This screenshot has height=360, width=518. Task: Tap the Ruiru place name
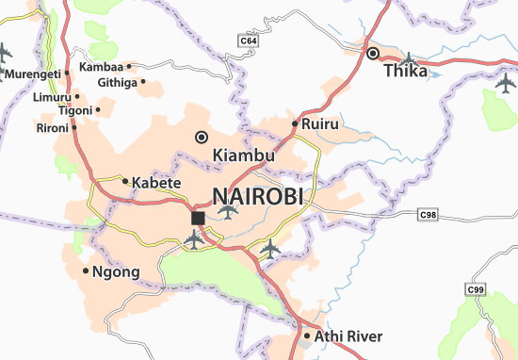tap(320, 123)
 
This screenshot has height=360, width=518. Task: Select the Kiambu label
tap(244, 155)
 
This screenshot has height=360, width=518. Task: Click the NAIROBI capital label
tap(259, 197)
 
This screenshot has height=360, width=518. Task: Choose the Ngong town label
tap(117, 272)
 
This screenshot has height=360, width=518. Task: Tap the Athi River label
tap(348, 336)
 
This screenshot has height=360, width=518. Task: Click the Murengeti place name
tap(31, 74)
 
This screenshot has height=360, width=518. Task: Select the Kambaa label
tap(101, 67)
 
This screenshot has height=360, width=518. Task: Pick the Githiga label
tap(117, 82)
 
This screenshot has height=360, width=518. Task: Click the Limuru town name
tap(51, 97)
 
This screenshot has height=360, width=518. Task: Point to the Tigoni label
tap(74, 110)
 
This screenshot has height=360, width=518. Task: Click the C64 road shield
tap(248, 41)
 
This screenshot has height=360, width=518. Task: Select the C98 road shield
tap(429, 216)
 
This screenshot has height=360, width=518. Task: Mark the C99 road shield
tap(479, 288)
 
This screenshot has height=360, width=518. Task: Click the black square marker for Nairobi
tap(198, 218)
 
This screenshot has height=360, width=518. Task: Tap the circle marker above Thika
tap(372, 53)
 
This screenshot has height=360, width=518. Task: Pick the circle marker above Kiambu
tap(201, 138)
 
